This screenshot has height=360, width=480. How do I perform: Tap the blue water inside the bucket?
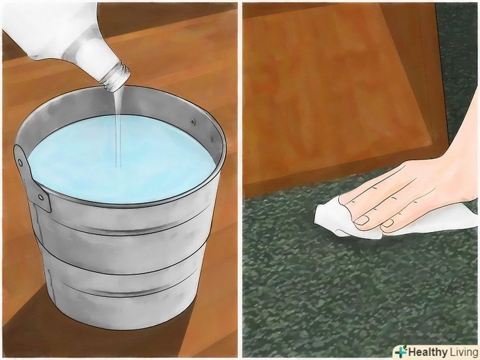(x=123, y=159)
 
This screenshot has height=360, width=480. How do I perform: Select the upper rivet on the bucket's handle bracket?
(x=20, y=162)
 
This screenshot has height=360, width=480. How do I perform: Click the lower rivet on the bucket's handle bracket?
(x=40, y=197)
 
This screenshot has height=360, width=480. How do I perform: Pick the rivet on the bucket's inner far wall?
(x=193, y=122)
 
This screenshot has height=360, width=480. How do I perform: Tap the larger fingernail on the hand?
(x=362, y=220)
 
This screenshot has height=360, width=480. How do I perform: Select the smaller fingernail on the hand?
(x=388, y=223)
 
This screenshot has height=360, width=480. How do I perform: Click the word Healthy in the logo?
(x=427, y=352)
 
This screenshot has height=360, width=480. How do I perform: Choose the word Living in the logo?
(x=464, y=352)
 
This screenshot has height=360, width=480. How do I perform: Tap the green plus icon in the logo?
(x=401, y=351)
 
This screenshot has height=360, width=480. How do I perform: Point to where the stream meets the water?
(x=119, y=167)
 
